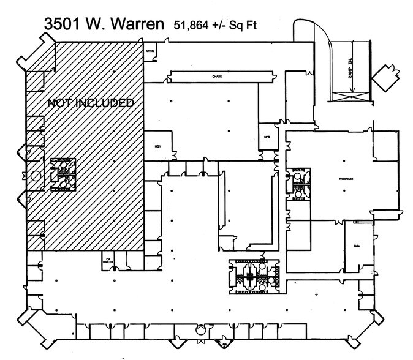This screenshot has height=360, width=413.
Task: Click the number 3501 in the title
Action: [x=66, y=25]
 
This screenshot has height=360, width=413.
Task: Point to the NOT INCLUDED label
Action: [x=91, y=103]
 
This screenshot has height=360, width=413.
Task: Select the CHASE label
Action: [x=217, y=77]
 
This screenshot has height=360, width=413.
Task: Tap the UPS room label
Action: [x=267, y=138]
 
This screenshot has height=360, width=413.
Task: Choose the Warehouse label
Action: [x=347, y=179]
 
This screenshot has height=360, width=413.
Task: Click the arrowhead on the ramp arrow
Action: [x=350, y=91]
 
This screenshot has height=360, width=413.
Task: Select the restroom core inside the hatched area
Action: [x=63, y=173]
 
